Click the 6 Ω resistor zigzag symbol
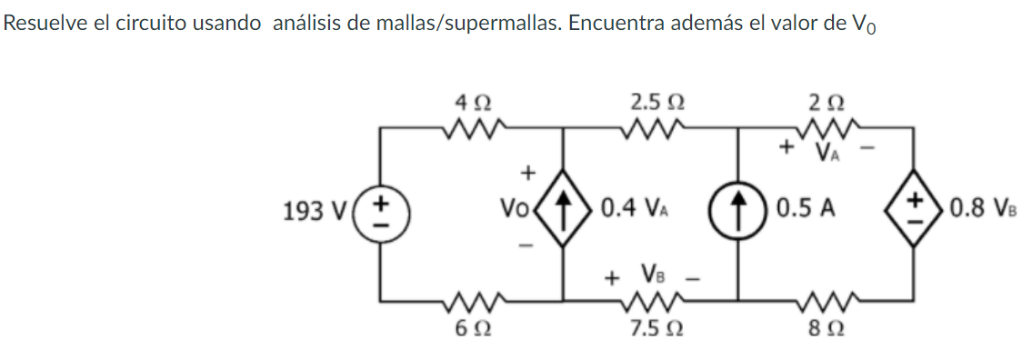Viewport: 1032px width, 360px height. click(x=475, y=299)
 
